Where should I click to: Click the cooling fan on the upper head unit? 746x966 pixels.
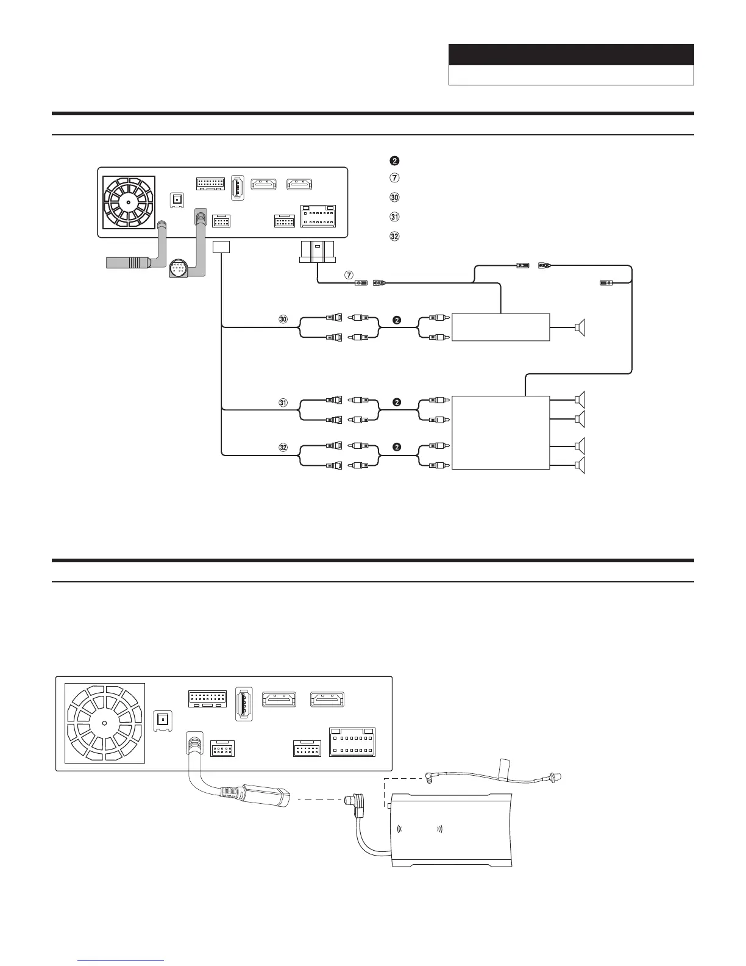(x=129, y=202)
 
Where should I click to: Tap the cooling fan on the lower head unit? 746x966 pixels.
(x=104, y=723)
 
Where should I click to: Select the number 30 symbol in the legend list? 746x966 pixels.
(x=394, y=198)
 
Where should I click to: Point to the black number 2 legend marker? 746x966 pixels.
(x=394, y=161)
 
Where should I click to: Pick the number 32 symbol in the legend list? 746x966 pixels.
(x=394, y=237)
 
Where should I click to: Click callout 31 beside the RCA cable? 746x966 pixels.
(x=283, y=402)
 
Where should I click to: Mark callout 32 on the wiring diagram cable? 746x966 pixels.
(x=283, y=448)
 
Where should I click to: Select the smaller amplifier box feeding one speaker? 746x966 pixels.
(x=500, y=327)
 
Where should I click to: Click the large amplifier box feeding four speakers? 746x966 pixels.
(x=500, y=432)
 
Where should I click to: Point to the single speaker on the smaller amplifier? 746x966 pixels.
(x=580, y=328)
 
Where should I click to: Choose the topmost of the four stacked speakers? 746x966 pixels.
(x=580, y=399)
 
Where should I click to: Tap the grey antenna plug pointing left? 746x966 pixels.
(x=128, y=263)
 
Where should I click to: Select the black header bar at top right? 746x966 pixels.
(x=571, y=55)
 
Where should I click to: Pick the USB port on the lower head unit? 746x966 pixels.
(x=243, y=706)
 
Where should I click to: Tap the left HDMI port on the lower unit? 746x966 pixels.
(x=279, y=699)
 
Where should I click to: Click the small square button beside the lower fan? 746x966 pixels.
(x=162, y=721)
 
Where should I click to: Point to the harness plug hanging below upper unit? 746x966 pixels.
(x=317, y=252)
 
